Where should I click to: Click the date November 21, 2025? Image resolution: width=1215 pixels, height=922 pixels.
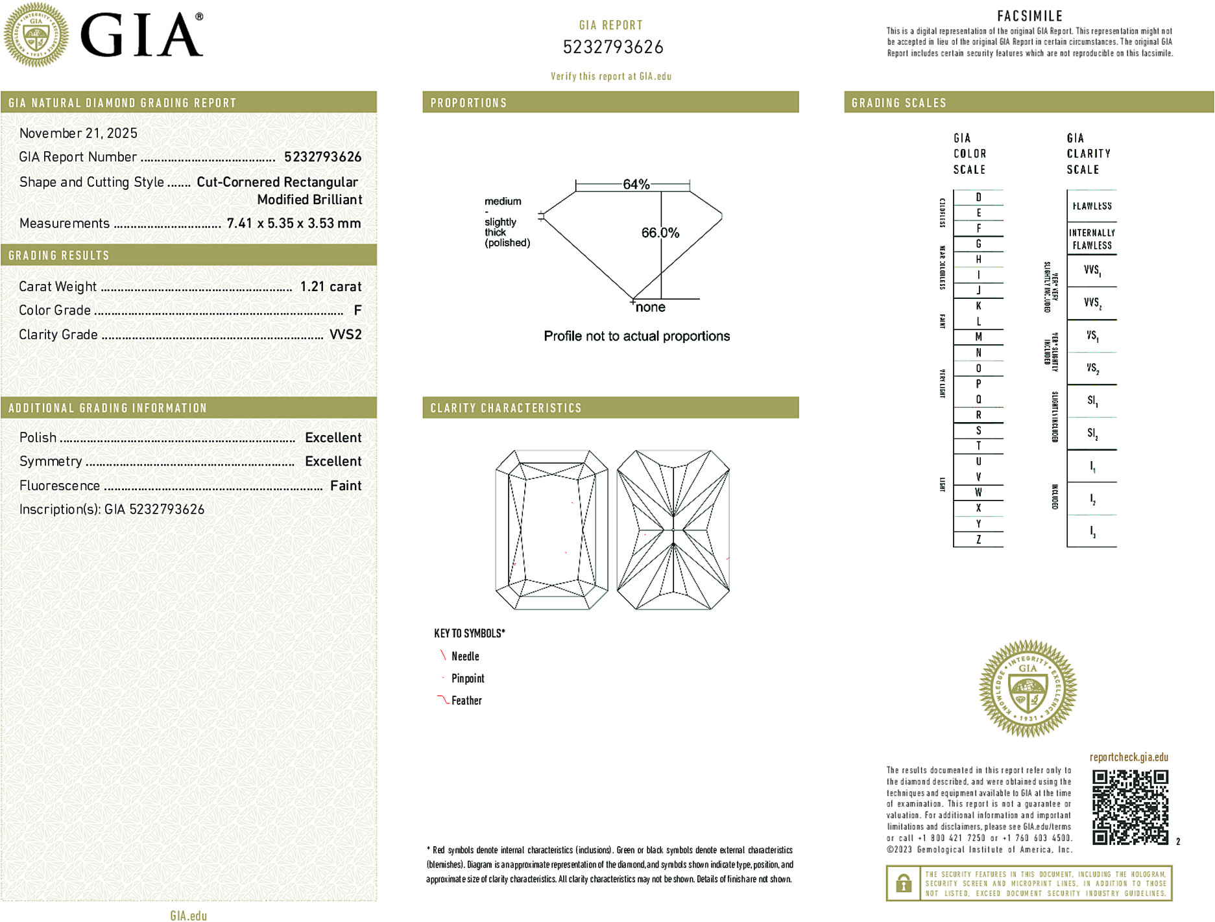[78, 133]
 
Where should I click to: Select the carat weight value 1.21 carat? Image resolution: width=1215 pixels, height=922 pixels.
[330, 287]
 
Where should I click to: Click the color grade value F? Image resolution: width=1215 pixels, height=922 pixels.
[357, 311]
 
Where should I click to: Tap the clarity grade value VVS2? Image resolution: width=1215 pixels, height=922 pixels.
[345, 335]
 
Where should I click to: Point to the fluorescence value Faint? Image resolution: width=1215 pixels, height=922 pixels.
[345, 486]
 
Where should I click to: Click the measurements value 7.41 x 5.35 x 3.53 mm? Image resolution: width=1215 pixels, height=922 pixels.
[293, 223]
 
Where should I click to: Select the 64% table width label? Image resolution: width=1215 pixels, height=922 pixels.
[636, 184]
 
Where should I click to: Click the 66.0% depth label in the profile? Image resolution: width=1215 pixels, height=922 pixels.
[660, 233]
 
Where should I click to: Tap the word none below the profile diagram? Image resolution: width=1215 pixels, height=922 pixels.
[650, 307]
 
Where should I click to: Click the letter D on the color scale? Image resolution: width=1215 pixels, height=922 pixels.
[978, 197]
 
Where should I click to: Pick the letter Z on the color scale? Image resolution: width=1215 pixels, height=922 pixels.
[978, 539]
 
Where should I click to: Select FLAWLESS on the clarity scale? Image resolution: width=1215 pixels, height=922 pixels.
[1092, 206]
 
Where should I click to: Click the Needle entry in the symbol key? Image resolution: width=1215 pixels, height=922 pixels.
[465, 656]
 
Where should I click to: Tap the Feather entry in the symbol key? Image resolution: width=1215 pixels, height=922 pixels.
[466, 700]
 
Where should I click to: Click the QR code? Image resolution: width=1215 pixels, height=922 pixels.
[1129, 807]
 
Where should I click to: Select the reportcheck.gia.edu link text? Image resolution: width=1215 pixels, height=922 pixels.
[1129, 757]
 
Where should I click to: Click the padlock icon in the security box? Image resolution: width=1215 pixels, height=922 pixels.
[903, 883]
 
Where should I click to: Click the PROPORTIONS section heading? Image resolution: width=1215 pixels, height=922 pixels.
[468, 103]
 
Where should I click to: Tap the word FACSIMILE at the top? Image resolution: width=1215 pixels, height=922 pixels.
[1029, 16]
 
